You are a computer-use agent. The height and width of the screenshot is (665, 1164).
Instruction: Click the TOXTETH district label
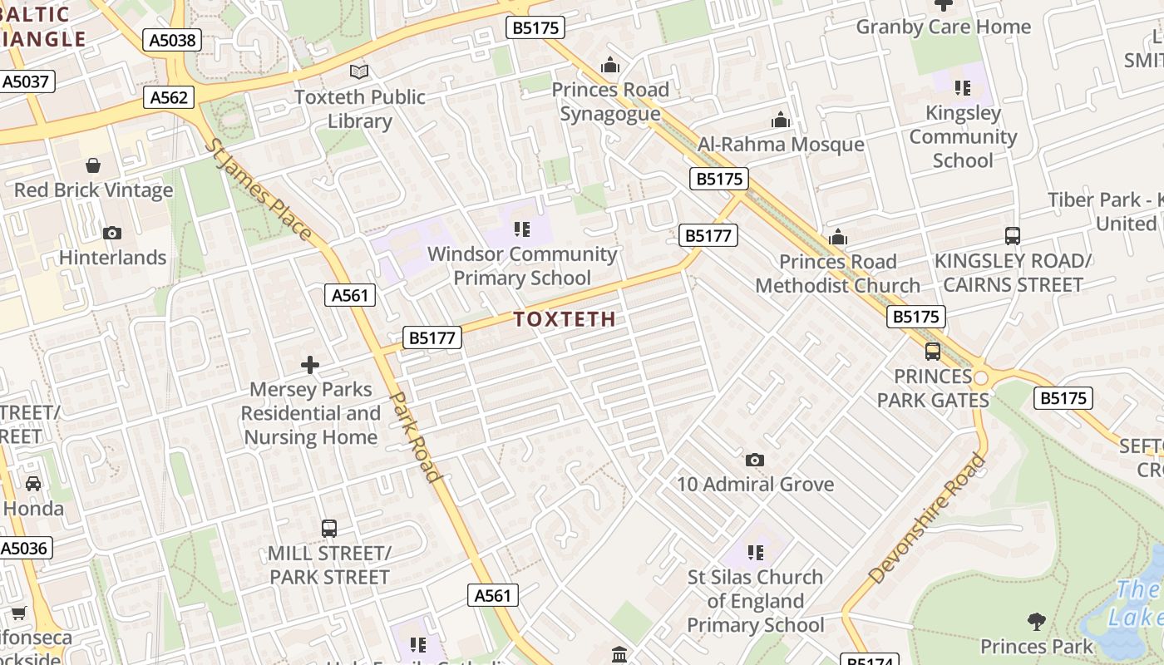[565, 319]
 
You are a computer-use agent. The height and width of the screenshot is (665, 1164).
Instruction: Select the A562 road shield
[169, 97]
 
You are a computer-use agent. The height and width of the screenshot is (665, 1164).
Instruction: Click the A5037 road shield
[27, 81]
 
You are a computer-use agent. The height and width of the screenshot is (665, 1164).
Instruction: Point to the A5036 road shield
[25, 548]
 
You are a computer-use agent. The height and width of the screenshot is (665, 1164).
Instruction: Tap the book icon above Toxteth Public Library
[359, 72]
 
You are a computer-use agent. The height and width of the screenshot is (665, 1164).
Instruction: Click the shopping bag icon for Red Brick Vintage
[93, 165]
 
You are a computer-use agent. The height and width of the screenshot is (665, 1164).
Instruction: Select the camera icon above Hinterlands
[111, 234]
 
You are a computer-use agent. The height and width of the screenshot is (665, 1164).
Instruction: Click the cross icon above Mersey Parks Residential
[310, 365]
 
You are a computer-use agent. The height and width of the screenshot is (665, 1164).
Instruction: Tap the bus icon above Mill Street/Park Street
[329, 528]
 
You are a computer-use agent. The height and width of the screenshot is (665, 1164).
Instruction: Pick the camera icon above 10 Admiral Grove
[754, 460]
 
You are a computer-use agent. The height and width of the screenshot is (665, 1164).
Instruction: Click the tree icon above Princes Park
[1036, 621]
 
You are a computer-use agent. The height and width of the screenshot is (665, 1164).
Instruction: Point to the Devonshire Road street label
[926, 518]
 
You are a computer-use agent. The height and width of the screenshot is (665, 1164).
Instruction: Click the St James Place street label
[258, 190]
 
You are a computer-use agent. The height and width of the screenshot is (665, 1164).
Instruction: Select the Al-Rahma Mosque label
[781, 144]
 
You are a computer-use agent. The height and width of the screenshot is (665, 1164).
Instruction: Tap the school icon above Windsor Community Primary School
[521, 229]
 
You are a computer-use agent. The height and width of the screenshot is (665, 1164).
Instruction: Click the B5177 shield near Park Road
[432, 337]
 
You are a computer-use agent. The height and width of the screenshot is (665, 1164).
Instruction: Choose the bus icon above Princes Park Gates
[932, 352]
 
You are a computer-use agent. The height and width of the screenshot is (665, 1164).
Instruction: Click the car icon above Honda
[33, 484]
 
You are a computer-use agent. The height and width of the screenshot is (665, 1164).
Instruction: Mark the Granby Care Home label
[943, 27]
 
